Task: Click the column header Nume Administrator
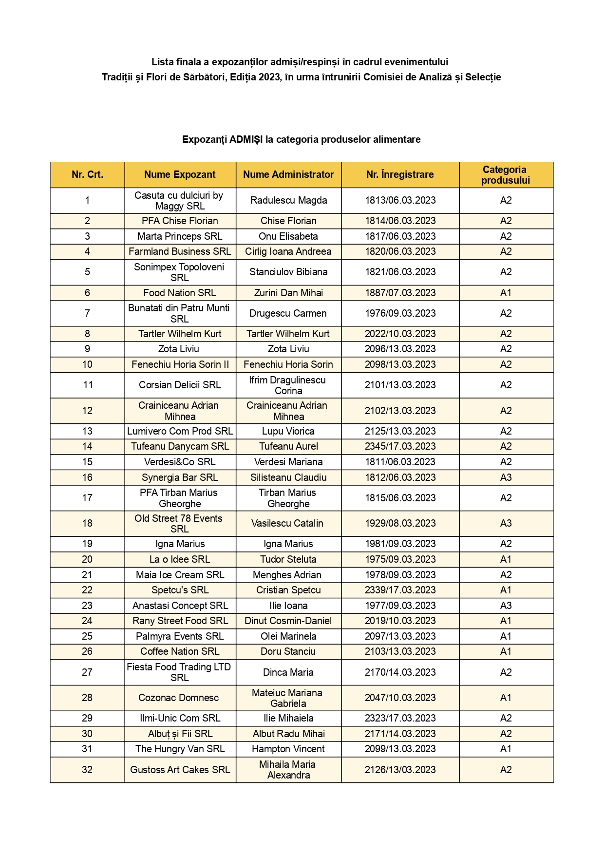point(288,174)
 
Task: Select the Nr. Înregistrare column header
point(400,174)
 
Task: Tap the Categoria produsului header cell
point(505,175)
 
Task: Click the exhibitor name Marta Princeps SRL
point(180,236)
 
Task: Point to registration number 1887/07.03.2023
point(400,293)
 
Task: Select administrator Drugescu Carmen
point(288,313)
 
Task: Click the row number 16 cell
point(87,477)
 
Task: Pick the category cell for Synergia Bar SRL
point(506,477)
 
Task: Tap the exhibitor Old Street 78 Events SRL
point(179,524)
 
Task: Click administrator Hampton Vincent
point(288,749)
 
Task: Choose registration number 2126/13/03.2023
point(400,770)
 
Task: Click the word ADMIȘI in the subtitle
point(246,139)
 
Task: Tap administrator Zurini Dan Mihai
point(288,293)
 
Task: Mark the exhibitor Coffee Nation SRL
point(180,651)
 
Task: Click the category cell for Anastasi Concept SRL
point(506,606)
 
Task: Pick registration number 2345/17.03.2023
point(400,446)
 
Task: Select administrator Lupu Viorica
point(288,431)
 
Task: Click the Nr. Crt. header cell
point(87,174)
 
